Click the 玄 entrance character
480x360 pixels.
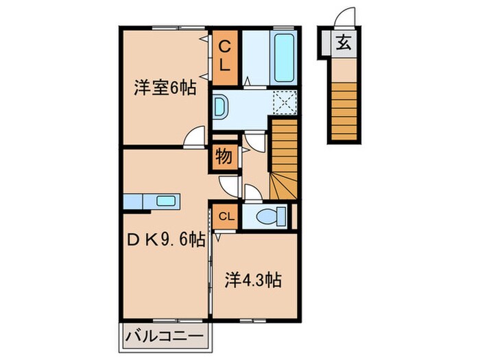point(344,44)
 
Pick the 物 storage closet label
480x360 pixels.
point(224,156)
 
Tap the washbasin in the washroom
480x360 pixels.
point(221,108)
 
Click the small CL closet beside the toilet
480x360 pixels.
point(226,217)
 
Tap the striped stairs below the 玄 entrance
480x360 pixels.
point(346,110)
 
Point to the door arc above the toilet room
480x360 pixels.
point(252,193)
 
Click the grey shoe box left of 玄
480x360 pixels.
point(325,44)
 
